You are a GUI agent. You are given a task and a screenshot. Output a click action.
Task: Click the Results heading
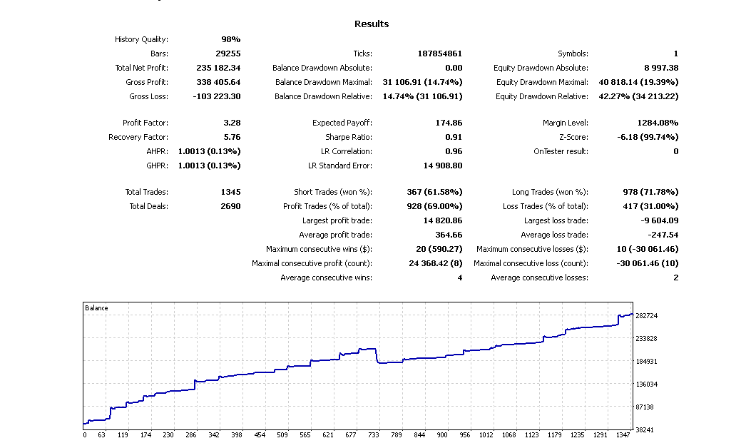point(372,24)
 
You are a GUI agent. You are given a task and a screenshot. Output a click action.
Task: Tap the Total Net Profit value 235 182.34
point(218,68)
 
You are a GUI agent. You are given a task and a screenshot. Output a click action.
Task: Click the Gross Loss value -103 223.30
point(217,96)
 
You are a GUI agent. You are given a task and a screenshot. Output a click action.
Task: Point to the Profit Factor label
point(145,123)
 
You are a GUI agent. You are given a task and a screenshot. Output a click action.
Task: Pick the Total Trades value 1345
point(230,192)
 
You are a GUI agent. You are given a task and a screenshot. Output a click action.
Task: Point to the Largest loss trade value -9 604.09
point(657,220)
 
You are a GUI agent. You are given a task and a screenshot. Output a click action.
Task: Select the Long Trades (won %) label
point(550,192)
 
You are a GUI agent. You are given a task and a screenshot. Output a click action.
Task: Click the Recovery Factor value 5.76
point(232,137)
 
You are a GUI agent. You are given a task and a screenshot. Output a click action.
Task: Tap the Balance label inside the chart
point(97,308)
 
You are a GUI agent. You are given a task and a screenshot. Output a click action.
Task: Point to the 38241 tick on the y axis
point(645,430)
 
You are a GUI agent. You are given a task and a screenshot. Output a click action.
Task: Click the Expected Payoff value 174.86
point(449,123)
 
